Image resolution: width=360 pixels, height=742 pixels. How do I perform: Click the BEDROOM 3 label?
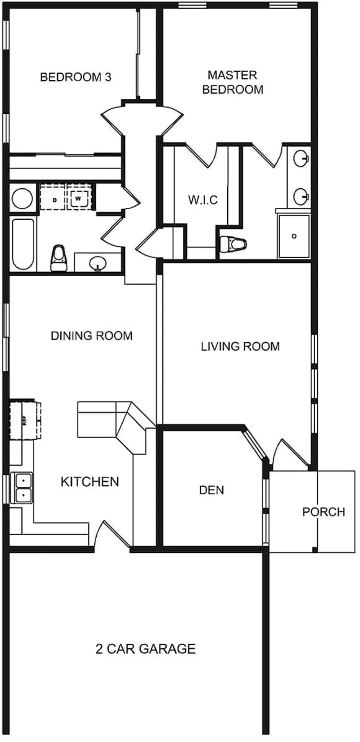[76, 77]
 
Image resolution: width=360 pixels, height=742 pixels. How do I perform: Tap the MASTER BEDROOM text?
[233, 82]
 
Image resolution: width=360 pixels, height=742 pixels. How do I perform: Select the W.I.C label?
[203, 200]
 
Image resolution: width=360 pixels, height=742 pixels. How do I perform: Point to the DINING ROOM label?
[92, 336]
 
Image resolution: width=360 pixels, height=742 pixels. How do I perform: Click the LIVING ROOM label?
[240, 346]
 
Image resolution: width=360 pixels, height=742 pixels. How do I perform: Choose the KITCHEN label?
[90, 482]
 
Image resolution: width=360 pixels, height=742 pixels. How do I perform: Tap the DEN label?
[211, 490]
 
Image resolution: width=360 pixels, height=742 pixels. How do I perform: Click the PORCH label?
[324, 512]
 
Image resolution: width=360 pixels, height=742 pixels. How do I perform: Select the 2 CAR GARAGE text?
[146, 649]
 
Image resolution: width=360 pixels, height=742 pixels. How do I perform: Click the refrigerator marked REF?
[25, 420]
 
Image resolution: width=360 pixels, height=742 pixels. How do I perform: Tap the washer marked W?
[79, 198]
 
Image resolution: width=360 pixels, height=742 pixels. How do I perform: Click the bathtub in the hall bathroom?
[23, 244]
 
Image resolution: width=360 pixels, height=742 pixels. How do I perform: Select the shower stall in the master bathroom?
[294, 236]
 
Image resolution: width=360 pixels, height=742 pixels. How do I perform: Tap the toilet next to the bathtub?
[59, 258]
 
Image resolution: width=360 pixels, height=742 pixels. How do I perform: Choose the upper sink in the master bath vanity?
[301, 159]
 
